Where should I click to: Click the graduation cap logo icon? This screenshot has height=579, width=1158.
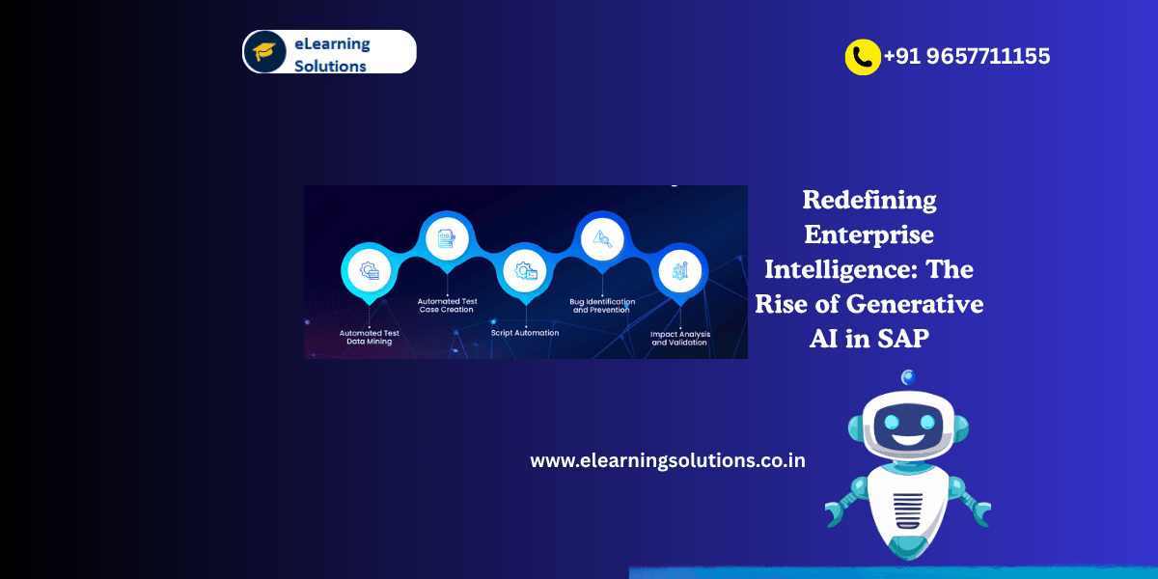pyautogui.click(x=263, y=51)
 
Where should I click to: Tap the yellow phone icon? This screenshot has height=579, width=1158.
pyautogui.click(x=862, y=57)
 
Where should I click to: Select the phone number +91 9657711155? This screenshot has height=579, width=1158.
pyautogui.click(x=967, y=57)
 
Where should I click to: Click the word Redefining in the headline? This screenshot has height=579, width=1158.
pyautogui.click(x=869, y=201)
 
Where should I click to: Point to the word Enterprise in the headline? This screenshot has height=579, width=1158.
pyautogui.click(x=869, y=234)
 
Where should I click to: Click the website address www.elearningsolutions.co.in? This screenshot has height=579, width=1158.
pyautogui.click(x=668, y=460)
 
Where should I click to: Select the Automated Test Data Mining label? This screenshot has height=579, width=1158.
pyautogui.click(x=369, y=337)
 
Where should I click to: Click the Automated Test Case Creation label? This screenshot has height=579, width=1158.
pyautogui.click(x=446, y=306)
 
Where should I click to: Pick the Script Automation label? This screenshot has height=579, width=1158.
pyautogui.click(x=525, y=333)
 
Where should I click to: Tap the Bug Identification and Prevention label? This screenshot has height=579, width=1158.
pyautogui.click(x=602, y=306)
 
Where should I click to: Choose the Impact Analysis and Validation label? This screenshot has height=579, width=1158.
pyautogui.click(x=679, y=338)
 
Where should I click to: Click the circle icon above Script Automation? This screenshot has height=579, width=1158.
pyautogui.click(x=526, y=271)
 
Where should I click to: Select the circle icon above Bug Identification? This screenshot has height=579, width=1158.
pyautogui.click(x=602, y=238)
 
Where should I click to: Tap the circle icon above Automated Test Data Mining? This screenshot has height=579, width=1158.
pyautogui.click(x=368, y=271)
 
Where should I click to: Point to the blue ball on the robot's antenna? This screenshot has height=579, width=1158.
pyautogui.click(x=907, y=377)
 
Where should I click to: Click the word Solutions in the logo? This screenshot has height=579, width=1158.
pyautogui.click(x=330, y=66)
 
